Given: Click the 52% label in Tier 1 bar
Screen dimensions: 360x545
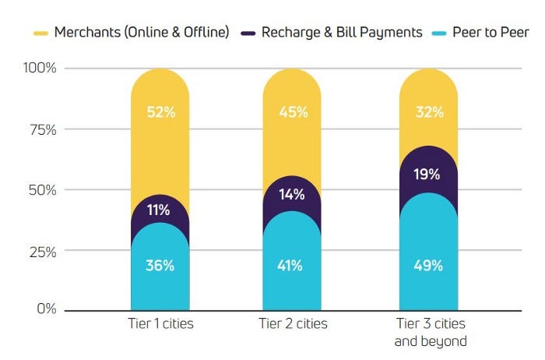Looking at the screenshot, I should [160, 111].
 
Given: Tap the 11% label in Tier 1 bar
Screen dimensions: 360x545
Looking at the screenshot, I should [159, 210].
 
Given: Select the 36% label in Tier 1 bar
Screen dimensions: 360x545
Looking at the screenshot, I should [160, 265].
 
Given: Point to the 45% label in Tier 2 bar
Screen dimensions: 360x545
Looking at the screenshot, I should [293, 111].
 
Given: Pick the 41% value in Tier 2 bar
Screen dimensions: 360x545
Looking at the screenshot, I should [292, 265].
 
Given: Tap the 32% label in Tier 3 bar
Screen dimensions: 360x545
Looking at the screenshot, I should [429, 111].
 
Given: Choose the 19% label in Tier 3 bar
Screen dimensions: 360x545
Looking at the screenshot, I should [428, 175].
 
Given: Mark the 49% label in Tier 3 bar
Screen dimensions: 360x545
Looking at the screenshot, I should [428, 265].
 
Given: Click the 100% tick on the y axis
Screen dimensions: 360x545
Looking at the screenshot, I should [40, 69].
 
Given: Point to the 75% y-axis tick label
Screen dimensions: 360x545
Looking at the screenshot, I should [42, 129].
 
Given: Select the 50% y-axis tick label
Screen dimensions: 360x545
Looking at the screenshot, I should [41, 190].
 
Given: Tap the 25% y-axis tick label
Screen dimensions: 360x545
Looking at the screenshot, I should [42, 252].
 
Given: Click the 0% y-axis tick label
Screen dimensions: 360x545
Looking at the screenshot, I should [46, 309].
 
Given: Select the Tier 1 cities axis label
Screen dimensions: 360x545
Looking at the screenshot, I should [160, 323].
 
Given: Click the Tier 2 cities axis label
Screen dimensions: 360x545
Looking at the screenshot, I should [292, 323].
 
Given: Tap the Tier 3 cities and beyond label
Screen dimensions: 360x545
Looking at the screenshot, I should [430, 331].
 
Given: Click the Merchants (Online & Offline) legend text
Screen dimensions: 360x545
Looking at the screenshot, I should [142, 33].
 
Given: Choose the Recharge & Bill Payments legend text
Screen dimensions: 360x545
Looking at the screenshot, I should [342, 33].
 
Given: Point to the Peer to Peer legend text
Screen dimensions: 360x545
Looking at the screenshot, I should [490, 33].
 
